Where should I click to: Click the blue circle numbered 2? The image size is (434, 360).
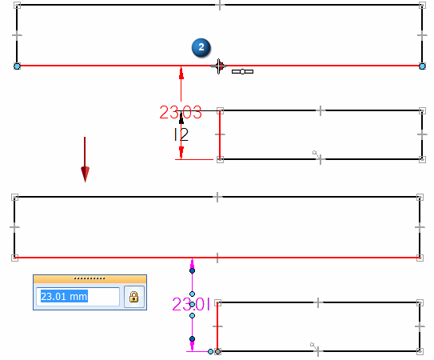tap(201, 47)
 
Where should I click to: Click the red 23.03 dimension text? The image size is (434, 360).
tap(181, 112)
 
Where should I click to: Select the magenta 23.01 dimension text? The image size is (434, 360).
tap(191, 304)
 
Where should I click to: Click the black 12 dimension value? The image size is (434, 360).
tap(181, 134)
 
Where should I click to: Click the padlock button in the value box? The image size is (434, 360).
tap(134, 297)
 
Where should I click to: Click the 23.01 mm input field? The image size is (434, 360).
tap(78, 297)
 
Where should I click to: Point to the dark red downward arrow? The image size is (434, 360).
tap(85, 159)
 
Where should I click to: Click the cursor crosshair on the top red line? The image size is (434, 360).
tap(219, 66)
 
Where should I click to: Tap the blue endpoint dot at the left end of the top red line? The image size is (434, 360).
tap(17, 66)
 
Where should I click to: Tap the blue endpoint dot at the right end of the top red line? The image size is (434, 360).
tap(422, 66)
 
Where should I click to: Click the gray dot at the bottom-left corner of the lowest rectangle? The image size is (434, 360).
tap(218, 352)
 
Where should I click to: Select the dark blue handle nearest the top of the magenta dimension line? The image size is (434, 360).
tap(192, 270)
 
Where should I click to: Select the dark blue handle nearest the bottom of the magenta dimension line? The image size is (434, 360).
tap(192, 338)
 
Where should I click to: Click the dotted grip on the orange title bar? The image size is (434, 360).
tap(90, 278)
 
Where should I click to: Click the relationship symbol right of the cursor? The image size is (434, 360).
tap(242, 72)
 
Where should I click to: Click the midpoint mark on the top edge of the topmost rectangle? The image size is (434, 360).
tap(220, 5)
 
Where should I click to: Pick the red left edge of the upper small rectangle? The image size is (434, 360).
tap(220, 135)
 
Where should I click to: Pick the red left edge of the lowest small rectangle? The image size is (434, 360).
tap(217, 326)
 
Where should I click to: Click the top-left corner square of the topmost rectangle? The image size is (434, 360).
tap(17, 5)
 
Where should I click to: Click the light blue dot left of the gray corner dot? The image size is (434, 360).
tap(210, 352)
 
